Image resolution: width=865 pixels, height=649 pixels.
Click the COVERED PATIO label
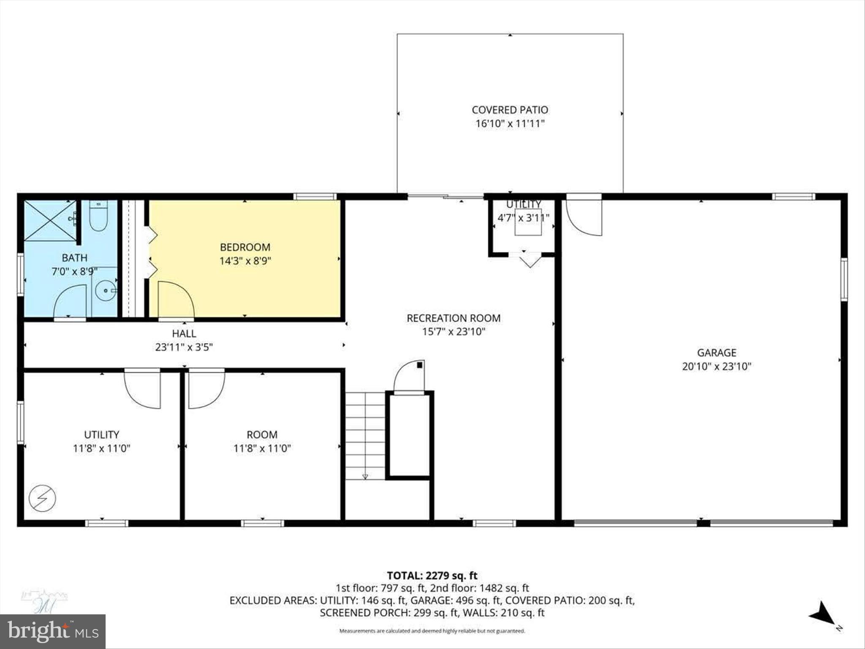click(x=510, y=110)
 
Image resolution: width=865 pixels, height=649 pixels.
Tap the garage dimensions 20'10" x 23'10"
click(x=716, y=366)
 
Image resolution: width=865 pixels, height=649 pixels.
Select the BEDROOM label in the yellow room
click(x=245, y=247)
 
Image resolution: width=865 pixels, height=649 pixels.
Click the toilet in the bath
click(x=98, y=216)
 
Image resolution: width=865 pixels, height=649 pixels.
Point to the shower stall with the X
click(x=50, y=221)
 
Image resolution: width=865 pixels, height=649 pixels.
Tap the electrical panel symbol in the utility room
click(x=42, y=499)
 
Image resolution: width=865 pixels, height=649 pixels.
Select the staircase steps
click(x=365, y=435)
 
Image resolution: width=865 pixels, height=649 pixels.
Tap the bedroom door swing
click(x=175, y=299)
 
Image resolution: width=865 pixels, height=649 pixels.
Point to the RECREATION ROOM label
click(x=453, y=318)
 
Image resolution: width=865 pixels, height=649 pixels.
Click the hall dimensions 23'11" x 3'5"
click(x=184, y=347)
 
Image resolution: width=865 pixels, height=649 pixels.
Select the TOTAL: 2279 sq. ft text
click(x=432, y=575)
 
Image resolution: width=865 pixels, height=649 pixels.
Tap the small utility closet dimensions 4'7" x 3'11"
click(x=523, y=218)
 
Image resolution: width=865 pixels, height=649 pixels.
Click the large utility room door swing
click(x=143, y=390)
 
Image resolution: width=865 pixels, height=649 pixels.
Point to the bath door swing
click(x=71, y=301)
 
